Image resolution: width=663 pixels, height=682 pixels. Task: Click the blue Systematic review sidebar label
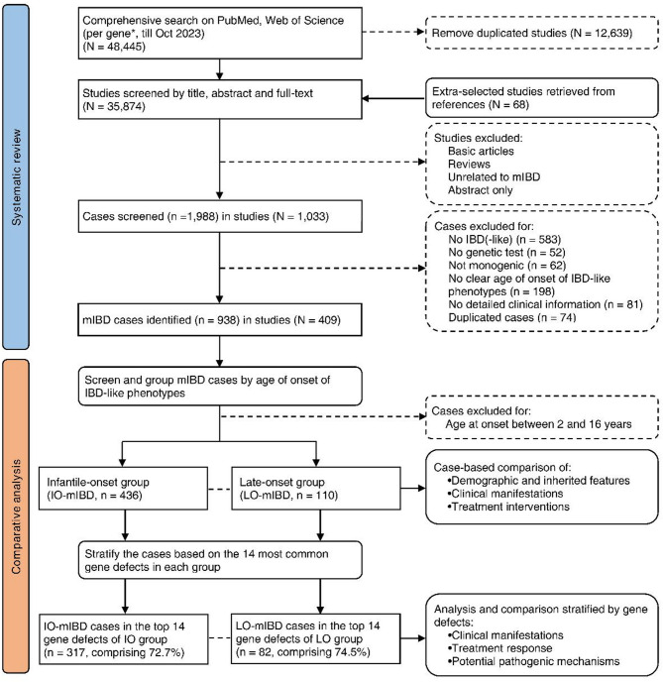[16, 177]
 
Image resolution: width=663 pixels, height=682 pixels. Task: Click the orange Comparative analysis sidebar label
[16, 516]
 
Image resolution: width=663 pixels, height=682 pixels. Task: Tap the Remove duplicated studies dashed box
[542, 33]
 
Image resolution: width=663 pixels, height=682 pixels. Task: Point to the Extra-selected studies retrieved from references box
[542, 98]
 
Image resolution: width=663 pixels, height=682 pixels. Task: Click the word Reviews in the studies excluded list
[469, 164]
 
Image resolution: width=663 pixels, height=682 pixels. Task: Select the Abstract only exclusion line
[481, 190]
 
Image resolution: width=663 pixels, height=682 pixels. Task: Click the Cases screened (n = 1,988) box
[220, 216]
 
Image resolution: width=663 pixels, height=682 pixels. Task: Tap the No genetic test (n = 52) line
[507, 252]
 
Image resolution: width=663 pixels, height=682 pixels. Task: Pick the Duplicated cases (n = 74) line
[512, 317]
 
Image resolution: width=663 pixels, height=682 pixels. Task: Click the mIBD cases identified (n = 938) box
[220, 319]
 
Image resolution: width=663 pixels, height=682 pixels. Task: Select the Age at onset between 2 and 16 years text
[538, 424]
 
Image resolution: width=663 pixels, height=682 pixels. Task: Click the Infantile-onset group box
[123, 489]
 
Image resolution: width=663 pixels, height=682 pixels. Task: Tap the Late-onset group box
[316, 489]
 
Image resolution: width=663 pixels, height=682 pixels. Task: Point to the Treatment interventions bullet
[508, 507]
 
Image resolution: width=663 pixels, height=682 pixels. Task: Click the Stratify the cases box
[220, 560]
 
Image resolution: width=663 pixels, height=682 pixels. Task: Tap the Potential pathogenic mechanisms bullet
[534, 661]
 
